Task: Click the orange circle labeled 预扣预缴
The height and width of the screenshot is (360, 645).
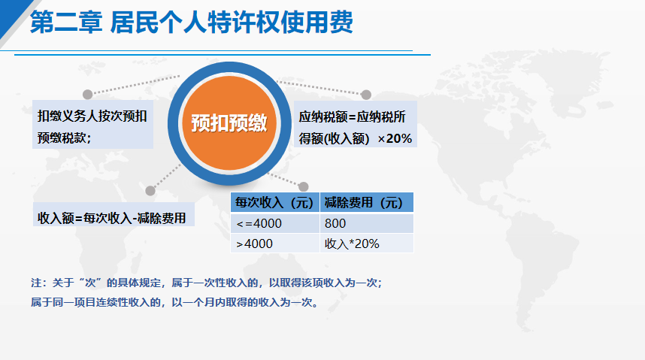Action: (x=229, y=123)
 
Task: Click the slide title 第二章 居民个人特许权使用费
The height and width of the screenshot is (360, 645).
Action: (x=191, y=23)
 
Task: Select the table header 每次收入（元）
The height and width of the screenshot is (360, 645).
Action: (x=275, y=202)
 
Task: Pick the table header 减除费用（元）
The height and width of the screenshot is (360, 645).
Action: (x=367, y=202)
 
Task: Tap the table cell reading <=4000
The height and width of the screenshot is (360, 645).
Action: (x=275, y=223)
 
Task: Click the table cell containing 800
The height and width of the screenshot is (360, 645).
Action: (x=367, y=223)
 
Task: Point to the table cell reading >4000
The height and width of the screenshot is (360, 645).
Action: (x=275, y=244)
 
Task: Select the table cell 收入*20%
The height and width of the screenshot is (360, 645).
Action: (x=367, y=244)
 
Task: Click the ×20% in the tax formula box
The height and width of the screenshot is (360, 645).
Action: (x=395, y=138)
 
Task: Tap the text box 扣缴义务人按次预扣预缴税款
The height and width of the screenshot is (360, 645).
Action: (x=92, y=124)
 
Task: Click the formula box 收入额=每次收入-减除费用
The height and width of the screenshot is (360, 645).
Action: (x=113, y=214)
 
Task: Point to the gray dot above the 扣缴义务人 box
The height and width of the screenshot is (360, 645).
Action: (x=88, y=95)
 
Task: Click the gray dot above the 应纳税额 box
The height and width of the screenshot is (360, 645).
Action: (x=366, y=95)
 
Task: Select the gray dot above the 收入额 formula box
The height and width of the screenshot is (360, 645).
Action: (x=150, y=191)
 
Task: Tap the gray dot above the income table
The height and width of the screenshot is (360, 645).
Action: (x=304, y=187)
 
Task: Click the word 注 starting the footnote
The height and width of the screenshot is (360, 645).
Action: (x=36, y=283)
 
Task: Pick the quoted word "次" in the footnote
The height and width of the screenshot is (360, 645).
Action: (x=90, y=283)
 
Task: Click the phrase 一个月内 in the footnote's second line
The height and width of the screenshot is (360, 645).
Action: (x=199, y=302)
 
